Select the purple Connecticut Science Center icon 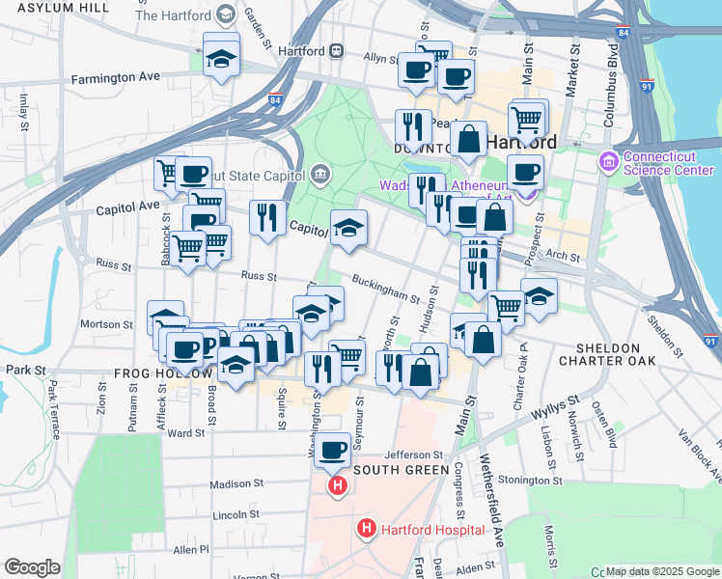click(x=608, y=159)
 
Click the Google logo click(x=32, y=567)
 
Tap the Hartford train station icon click(x=336, y=50)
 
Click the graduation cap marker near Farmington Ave click(x=221, y=57)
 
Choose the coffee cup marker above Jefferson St click(x=334, y=449)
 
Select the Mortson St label click(x=106, y=324)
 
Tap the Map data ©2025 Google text click(x=661, y=571)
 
